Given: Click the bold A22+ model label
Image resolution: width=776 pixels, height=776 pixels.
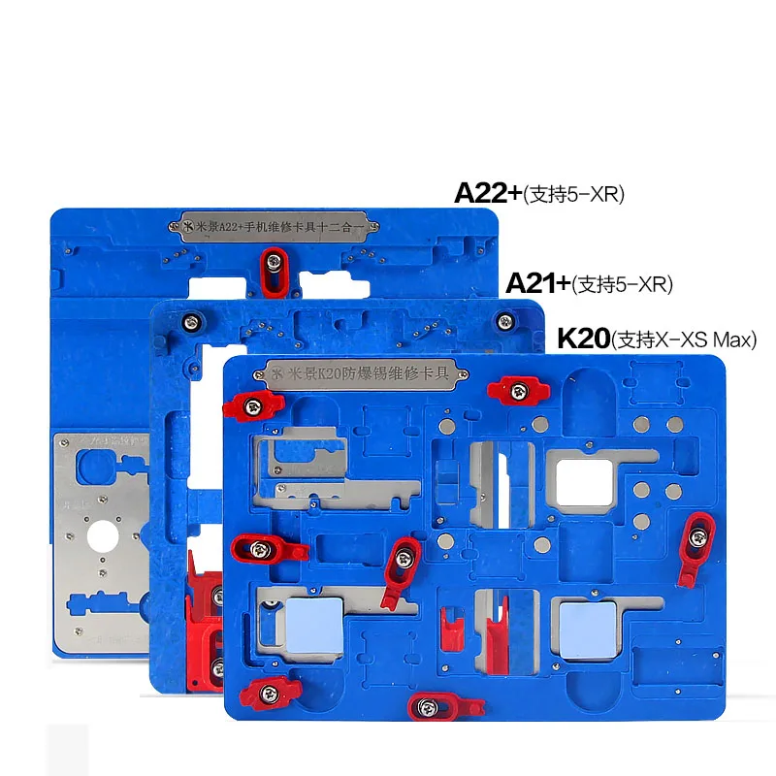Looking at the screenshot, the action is [488, 192].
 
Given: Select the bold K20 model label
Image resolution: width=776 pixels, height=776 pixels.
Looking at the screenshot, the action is [583, 339].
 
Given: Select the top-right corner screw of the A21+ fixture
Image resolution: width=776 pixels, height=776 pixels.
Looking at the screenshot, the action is [503, 320].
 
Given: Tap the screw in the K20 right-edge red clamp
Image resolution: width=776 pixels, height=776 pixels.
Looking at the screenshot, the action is [699, 531].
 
